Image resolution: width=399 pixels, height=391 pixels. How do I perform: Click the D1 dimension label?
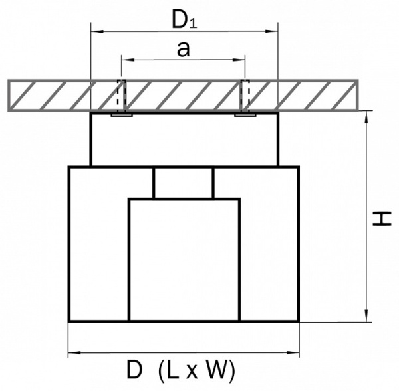[184, 19]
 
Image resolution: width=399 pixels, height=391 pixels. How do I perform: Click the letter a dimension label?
[184, 49]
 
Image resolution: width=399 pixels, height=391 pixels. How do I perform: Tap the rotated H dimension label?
[381, 219]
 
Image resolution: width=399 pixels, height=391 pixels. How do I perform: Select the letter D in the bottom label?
[134, 370]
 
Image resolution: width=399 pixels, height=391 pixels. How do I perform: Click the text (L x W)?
[196, 371]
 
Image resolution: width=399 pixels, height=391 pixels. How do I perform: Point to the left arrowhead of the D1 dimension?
[98, 31]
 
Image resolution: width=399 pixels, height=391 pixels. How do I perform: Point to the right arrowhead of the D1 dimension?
[271, 31]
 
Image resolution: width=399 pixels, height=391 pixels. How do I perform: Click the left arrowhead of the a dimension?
[128, 60]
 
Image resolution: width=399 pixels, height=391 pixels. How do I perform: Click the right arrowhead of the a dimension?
[239, 60]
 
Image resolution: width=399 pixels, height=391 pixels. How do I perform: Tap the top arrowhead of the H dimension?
[366, 117]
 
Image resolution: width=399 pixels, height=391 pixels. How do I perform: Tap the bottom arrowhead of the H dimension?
[366, 315]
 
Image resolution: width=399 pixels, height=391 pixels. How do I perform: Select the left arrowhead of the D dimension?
[74, 353]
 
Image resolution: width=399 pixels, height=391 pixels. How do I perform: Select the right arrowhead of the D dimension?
[293, 353]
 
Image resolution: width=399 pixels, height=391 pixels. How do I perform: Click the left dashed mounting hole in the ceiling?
[122, 96]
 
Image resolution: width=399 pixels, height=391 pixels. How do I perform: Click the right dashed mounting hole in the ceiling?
[245, 96]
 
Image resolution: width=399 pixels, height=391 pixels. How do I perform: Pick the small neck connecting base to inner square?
[184, 183]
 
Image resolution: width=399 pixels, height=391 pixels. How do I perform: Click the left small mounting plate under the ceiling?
[122, 115]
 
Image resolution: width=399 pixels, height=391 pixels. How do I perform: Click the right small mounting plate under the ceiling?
[245, 115]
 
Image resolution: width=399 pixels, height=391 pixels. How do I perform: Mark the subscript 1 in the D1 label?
[194, 23]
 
